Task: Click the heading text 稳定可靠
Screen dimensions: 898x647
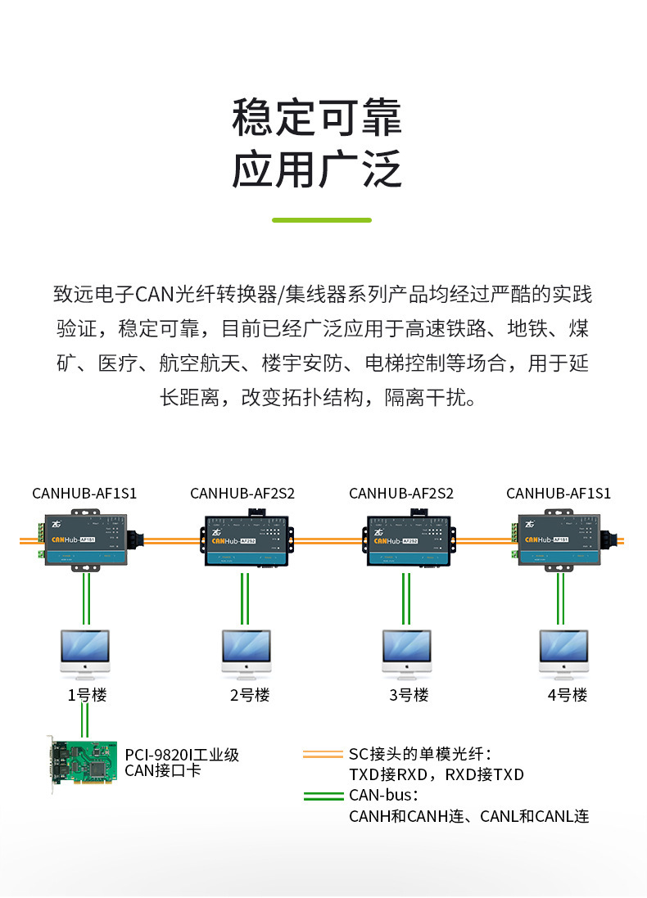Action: click(318, 118)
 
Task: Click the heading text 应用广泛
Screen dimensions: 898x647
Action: click(318, 170)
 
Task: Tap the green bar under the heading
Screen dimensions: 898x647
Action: click(322, 220)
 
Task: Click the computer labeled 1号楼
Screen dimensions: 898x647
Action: click(85, 652)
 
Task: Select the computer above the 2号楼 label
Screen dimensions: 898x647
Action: click(247, 652)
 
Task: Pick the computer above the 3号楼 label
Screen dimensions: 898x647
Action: click(406, 652)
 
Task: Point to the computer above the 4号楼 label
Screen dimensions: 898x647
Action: click(563, 652)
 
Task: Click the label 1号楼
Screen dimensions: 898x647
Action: click(87, 696)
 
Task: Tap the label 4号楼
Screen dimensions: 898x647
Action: click(567, 696)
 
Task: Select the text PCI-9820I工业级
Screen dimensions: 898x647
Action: click(182, 755)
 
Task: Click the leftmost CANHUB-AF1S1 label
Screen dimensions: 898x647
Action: click(84, 494)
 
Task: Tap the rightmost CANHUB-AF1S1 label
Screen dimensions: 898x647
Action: click(559, 494)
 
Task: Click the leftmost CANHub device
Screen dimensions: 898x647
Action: click(84, 541)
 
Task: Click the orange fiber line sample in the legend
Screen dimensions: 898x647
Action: click(323, 755)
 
